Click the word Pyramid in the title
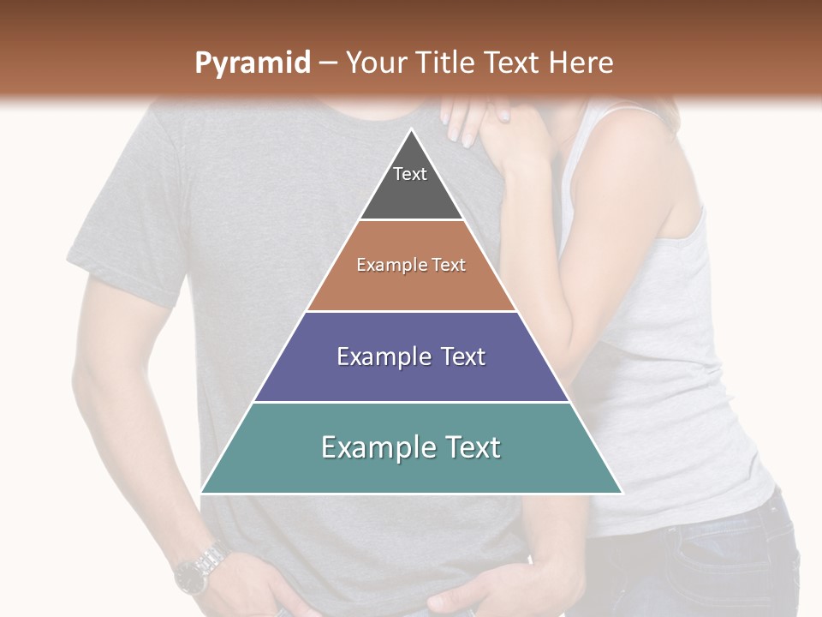252,63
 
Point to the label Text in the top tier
410,174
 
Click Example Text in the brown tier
411,265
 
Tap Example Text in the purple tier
411,356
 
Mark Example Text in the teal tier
411,447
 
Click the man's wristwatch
199,569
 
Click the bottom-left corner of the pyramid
202,492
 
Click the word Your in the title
375,63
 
